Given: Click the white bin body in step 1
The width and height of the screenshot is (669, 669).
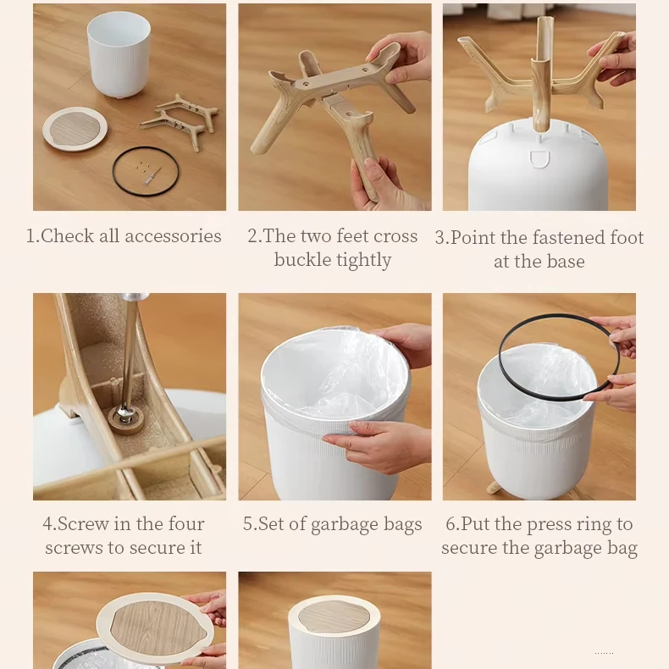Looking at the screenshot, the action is pyautogui.click(x=119, y=54).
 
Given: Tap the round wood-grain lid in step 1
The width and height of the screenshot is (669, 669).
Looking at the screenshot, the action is pyautogui.click(x=75, y=129).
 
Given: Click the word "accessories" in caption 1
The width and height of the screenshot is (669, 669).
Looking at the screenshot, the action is pyautogui.click(x=173, y=236).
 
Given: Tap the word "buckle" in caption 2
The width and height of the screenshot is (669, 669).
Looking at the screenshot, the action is pyautogui.click(x=299, y=260).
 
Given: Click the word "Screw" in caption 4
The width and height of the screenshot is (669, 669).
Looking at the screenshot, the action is pyautogui.click(x=83, y=524).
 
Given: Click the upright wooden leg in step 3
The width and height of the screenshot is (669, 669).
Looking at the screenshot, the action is pyautogui.click(x=543, y=74).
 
